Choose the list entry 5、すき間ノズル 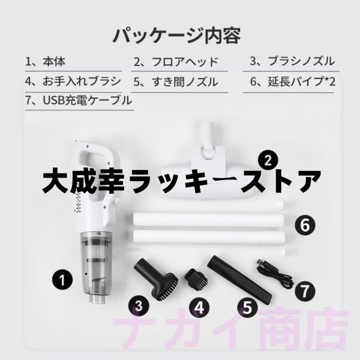[x=175, y=81]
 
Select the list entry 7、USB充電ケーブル [x=78, y=100]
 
